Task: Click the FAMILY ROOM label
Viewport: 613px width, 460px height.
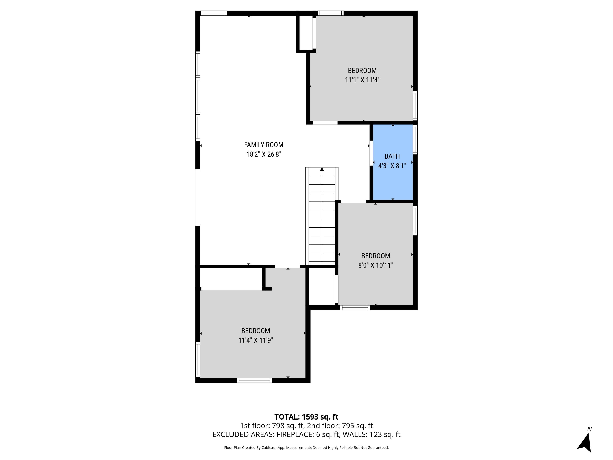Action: (x=264, y=145)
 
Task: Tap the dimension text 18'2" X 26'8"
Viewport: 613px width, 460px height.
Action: (x=264, y=154)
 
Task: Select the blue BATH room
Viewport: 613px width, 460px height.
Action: (x=392, y=183)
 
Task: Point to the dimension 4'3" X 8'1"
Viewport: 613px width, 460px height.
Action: (x=392, y=166)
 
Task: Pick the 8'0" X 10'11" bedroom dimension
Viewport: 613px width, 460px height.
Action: (x=376, y=265)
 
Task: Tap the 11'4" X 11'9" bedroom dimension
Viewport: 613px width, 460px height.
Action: (x=255, y=340)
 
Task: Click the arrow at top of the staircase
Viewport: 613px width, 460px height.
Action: (x=322, y=169)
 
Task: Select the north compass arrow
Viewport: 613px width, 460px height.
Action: (x=585, y=443)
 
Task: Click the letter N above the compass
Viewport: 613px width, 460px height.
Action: (x=590, y=429)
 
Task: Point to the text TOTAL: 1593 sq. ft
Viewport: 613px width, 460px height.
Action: (x=306, y=417)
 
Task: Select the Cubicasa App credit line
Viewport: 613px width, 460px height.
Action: (x=306, y=448)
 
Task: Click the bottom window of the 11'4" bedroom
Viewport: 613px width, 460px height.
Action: (x=254, y=380)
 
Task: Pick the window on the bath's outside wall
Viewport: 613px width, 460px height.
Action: (x=415, y=139)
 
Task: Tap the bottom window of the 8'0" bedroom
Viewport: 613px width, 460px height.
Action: (x=355, y=307)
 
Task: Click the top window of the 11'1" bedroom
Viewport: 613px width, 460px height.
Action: (x=330, y=13)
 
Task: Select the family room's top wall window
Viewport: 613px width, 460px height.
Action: (x=214, y=13)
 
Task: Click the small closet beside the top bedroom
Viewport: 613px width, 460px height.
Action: (x=306, y=33)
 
